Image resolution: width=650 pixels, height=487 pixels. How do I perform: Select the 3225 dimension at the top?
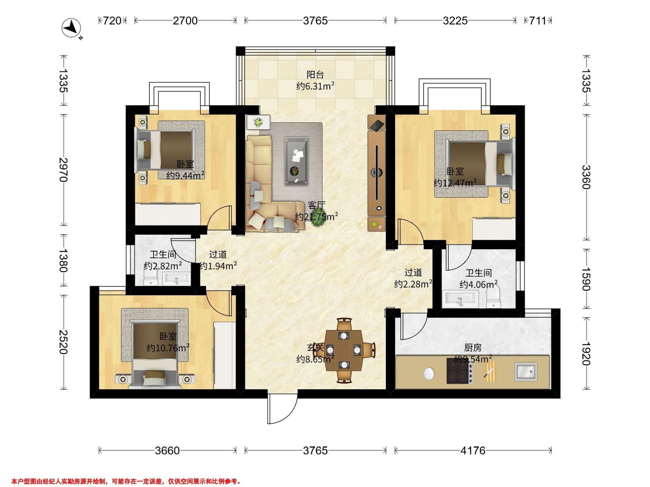(x=455, y=21)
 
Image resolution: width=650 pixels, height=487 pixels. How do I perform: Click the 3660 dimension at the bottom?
(x=167, y=450)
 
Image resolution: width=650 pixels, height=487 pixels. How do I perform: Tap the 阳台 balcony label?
(x=315, y=75)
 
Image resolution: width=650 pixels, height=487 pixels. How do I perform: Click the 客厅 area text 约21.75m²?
(x=317, y=217)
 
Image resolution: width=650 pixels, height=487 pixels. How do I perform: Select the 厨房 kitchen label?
(x=473, y=348)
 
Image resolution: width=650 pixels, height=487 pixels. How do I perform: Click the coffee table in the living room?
(x=297, y=162)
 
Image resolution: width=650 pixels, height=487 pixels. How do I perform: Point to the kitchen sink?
(x=526, y=372)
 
